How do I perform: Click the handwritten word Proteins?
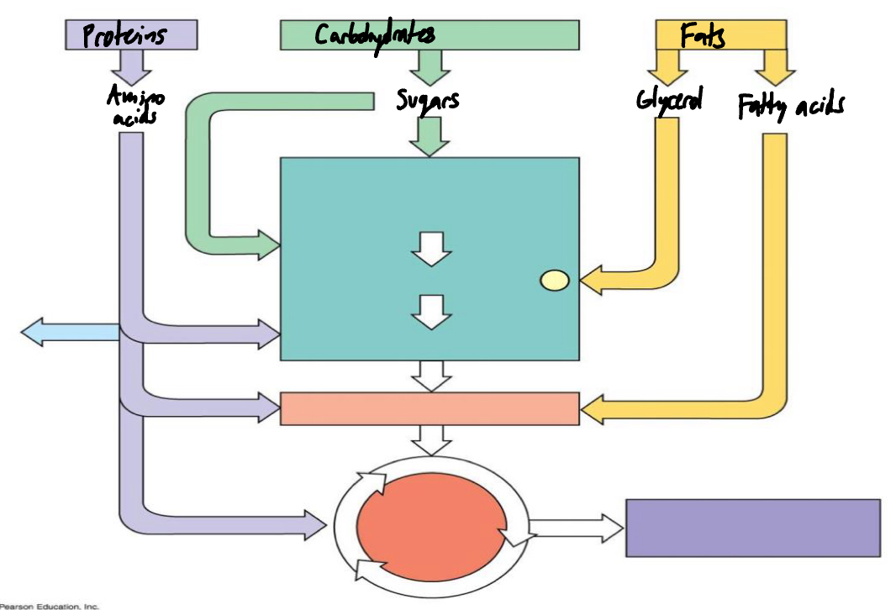124,35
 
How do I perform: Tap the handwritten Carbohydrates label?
375,34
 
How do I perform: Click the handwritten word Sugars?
428,102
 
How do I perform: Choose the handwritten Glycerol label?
669,100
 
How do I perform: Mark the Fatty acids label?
791,106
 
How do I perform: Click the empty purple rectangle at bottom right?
753,528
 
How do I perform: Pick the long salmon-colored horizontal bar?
430,408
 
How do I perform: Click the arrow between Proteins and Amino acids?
131,64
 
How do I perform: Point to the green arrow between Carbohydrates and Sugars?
430,66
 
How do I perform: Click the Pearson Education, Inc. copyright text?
49,605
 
